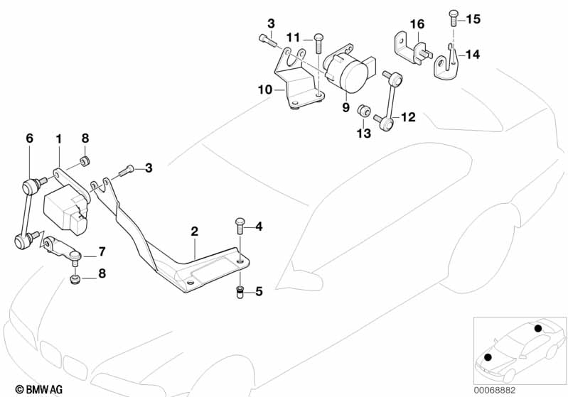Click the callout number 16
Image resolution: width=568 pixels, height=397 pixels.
417,24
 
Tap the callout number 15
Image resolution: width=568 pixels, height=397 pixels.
473,18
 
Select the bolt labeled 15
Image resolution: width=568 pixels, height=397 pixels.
453,18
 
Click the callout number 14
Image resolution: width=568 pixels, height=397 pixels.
472,55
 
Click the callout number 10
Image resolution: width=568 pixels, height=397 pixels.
264,89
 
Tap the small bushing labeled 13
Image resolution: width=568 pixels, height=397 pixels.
363,111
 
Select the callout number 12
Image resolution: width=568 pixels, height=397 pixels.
408,117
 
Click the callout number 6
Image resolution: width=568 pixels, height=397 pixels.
30,138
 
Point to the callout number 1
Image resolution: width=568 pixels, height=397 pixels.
59,138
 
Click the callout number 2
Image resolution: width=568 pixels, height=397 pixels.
195,232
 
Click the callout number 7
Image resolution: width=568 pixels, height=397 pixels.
102,251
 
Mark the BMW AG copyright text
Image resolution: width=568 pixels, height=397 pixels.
39,389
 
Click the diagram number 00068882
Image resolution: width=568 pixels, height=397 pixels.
495,391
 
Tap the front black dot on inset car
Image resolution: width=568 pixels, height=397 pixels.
488,357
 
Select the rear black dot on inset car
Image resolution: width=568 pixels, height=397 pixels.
538,328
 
